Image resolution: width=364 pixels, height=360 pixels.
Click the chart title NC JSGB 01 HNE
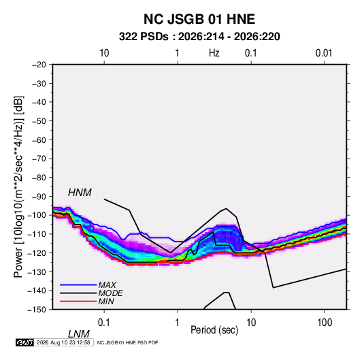[x=199, y=19]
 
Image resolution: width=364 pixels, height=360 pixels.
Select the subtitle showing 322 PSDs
[x=199, y=37]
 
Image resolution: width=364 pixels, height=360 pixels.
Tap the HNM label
[x=80, y=193]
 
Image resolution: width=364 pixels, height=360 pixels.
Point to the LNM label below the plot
[x=79, y=334]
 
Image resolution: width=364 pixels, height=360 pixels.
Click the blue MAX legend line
[x=78, y=284]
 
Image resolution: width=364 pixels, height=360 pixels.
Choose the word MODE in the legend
[x=110, y=293]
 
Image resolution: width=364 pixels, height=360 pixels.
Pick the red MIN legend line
[x=78, y=301]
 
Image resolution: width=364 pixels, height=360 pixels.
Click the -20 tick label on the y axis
[x=39, y=65]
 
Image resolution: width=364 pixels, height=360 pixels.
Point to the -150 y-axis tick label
[x=37, y=310]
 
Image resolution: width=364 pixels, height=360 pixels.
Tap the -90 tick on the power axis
[x=39, y=196]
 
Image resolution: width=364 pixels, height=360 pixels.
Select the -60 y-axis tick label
[x=39, y=140]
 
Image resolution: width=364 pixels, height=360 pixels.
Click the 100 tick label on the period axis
[x=325, y=323]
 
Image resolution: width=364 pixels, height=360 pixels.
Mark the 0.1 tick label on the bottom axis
[x=103, y=323]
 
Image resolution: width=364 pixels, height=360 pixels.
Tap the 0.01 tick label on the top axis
[x=324, y=53]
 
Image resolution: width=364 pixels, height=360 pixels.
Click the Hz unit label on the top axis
[x=214, y=53]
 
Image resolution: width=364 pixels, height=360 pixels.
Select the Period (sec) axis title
[x=214, y=330]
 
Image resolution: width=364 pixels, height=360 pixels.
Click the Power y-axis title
[x=18, y=186]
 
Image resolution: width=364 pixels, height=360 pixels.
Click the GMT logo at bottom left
[x=24, y=342]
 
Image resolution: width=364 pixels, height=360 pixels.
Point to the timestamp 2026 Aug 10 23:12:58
[x=63, y=342]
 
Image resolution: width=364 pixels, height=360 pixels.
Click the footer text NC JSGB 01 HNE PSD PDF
[x=127, y=343]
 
